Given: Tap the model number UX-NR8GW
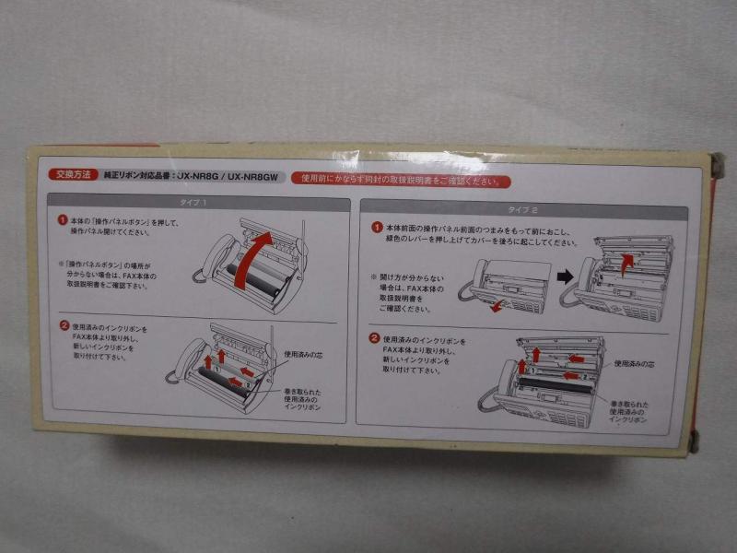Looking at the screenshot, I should coord(253,175).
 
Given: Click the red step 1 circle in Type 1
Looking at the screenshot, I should coord(63,221).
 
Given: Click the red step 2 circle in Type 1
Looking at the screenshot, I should coord(63,325).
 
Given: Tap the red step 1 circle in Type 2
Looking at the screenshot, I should coord(376,227).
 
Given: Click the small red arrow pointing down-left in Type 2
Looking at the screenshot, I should coord(497,305).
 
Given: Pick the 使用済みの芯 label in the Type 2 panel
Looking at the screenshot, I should coord(634,363).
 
